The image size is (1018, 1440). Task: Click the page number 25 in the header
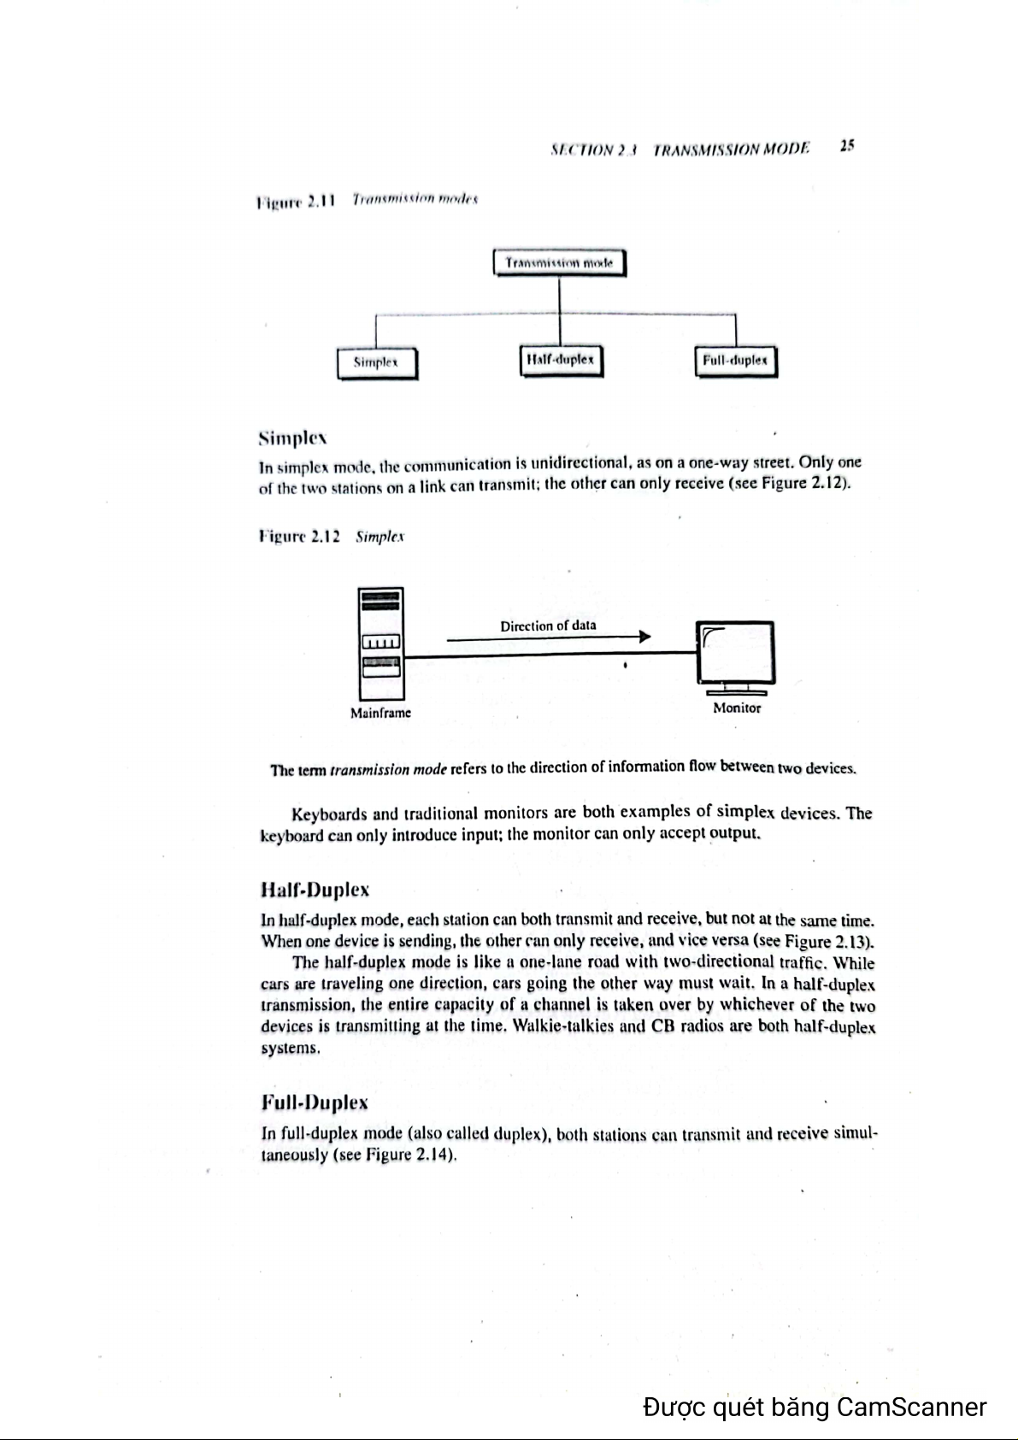point(846,145)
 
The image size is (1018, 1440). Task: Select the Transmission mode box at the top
point(560,263)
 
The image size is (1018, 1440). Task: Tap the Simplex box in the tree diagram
point(376,362)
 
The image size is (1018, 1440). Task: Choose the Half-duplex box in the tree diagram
point(561,360)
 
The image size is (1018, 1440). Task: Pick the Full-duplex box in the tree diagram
point(735,361)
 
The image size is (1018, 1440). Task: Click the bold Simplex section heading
point(292,438)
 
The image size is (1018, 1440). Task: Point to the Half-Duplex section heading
point(315,890)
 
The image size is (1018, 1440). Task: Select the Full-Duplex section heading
point(314,1102)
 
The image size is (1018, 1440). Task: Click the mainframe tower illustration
point(381,644)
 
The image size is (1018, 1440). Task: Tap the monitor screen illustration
point(737,654)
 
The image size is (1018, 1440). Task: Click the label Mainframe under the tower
point(380,712)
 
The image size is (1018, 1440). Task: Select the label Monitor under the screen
point(737,708)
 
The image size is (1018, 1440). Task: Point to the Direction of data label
point(548,626)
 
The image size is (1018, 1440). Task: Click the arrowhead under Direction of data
point(644,637)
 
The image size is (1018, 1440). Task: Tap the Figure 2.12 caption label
point(299,538)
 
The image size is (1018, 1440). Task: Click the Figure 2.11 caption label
point(293,202)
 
